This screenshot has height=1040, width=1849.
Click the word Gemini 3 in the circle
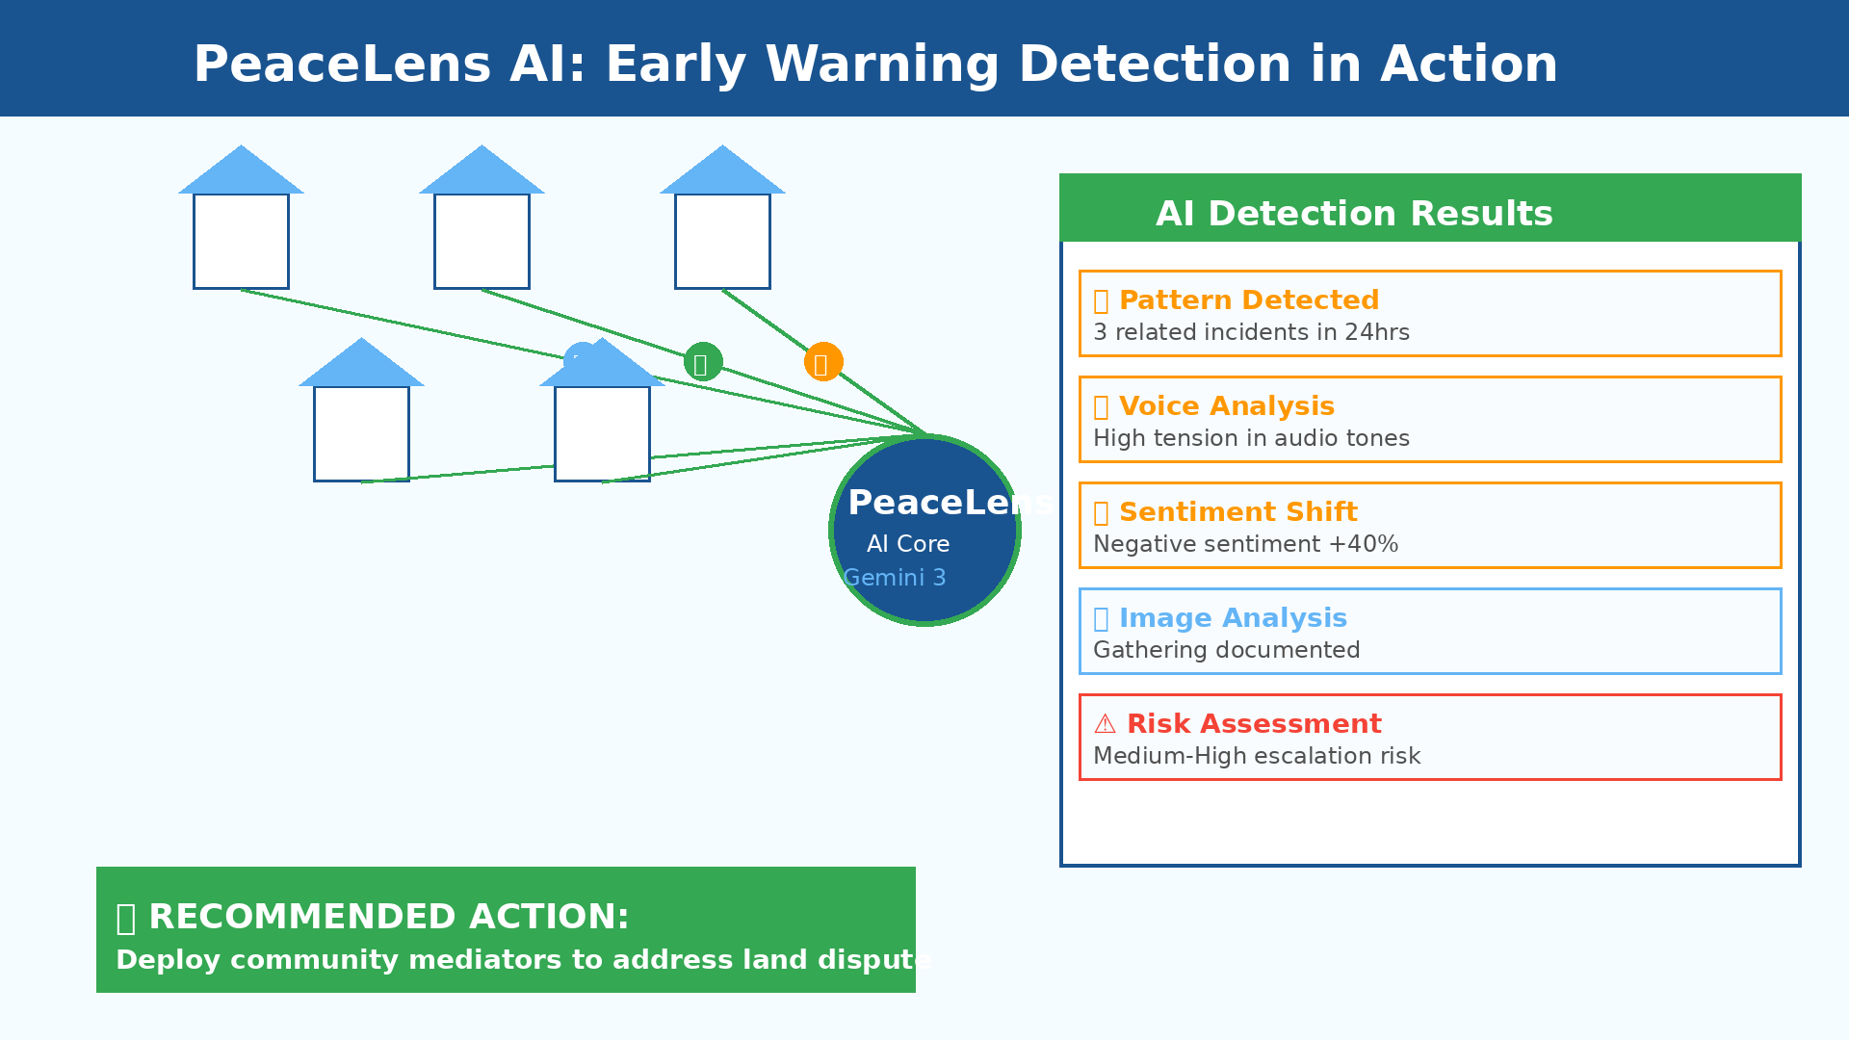coord(895,578)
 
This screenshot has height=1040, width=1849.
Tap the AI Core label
coord(908,544)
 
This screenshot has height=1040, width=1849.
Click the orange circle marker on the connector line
coord(823,362)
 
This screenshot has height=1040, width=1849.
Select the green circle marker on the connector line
coord(703,362)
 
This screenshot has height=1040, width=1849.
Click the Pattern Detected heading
coord(1249,300)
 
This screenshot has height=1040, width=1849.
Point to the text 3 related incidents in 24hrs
coord(1251,333)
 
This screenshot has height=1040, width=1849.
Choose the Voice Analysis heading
coord(1227,406)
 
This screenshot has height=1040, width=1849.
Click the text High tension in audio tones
coord(1251,439)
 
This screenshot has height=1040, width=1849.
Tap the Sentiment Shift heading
coord(1238,512)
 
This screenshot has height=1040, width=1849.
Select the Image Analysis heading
coord(1233,618)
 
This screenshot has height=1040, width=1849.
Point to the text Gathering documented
coord(1226,651)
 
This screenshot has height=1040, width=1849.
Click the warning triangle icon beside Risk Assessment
coord(1105,724)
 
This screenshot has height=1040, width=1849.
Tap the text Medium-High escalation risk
coord(1257,757)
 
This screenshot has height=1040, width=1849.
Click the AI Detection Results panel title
coord(1354,214)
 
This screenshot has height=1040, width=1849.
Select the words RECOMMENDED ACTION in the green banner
coord(389,917)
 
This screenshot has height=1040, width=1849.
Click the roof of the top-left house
coord(241,173)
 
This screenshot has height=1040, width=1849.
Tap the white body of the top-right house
coord(722,241)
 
